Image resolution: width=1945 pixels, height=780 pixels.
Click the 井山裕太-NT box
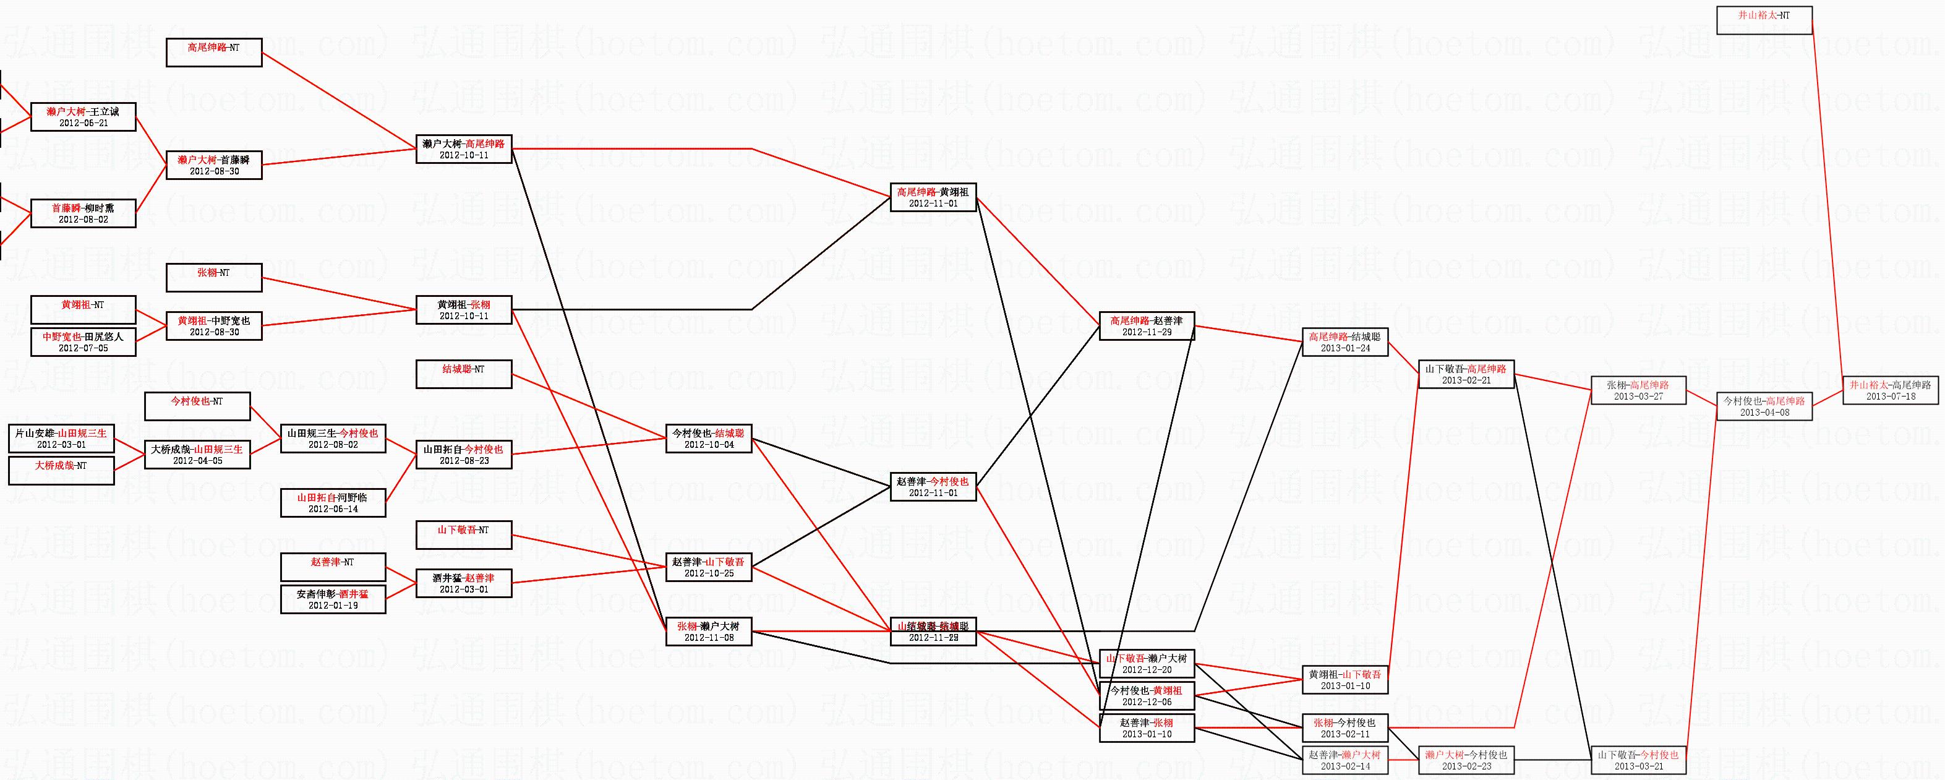[x=1764, y=20]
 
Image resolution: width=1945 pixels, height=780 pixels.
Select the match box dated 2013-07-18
[x=1891, y=390]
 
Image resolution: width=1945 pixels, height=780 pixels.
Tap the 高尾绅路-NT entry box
[x=214, y=52]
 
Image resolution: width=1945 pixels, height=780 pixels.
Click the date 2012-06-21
[x=83, y=123]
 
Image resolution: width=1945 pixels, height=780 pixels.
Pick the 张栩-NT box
[x=214, y=277]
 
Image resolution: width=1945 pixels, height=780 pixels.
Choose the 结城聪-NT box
[x=464, y=374]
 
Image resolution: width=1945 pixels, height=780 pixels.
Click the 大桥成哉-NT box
[x=61, y=471]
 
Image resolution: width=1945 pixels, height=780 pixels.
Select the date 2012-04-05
[x=197, y=461]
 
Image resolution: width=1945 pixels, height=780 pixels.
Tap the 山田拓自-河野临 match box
[x=333, y=503]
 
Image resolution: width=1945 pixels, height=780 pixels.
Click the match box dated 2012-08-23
[x=464, y=455]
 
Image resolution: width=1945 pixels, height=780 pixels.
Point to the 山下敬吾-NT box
[x=464, y=534]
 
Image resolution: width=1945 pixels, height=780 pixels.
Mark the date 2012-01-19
[x=333, y=606]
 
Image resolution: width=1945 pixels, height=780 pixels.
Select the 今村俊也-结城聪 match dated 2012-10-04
[x=709, y=439]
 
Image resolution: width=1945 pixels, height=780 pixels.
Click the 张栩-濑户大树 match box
[x=709, y=632]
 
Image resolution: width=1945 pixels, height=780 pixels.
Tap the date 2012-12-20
[x=1147, y=670]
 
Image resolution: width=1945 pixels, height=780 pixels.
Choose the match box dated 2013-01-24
[x=1344, y=342]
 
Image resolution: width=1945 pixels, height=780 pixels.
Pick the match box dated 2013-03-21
[x=1638, y=760]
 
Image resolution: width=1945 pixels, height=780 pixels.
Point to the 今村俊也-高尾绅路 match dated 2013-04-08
[x=1764, y=406]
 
